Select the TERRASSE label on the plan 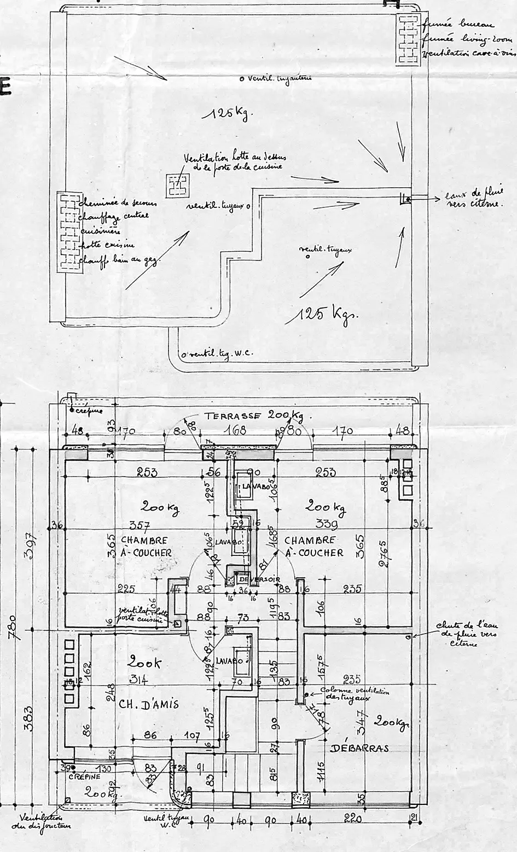(235, 416)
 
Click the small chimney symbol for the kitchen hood (177, 186)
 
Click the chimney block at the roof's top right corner (407, 40)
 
